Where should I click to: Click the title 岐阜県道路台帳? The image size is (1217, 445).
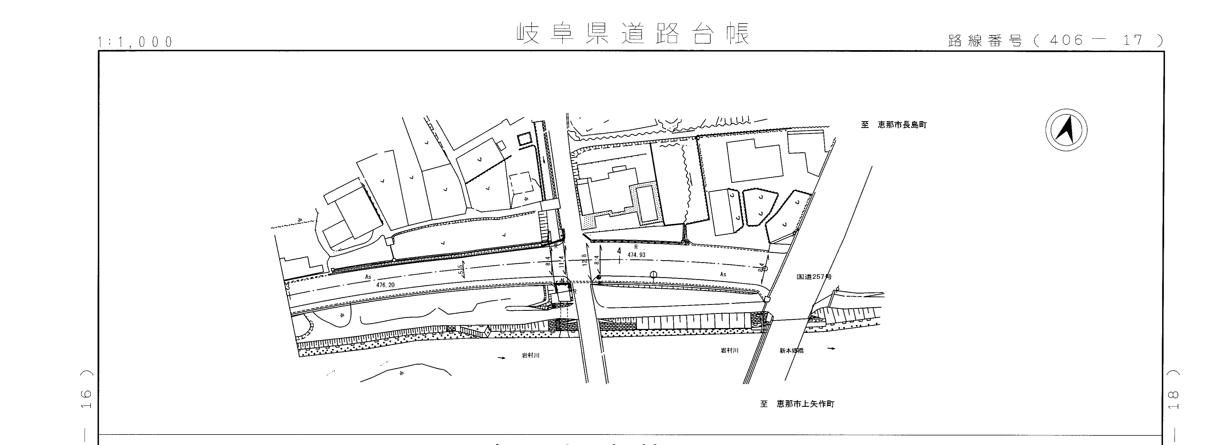click(633, 33)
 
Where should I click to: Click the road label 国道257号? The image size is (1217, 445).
click(814, 277)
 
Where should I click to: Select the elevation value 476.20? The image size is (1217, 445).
click(386, 285)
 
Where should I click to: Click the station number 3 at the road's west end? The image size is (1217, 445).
click(287, 286)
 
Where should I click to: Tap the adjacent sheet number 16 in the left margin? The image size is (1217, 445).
click(86, 399)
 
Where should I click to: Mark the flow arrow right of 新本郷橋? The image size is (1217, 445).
click(831, 349)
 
